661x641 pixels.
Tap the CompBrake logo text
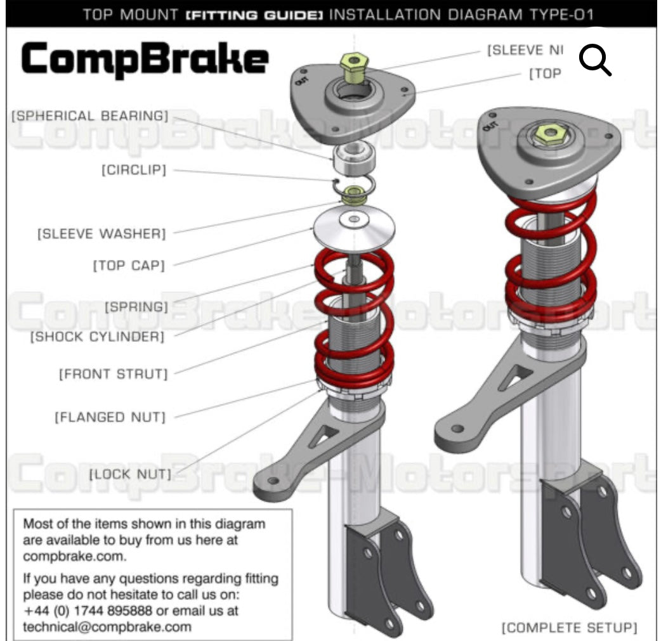click(145, 59)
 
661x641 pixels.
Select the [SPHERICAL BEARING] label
click(89, 116)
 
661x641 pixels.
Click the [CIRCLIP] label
click(133, 171)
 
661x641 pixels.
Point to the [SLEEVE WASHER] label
click(101, 234)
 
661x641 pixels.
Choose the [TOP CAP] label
click(129, 265)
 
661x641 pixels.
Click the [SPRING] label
click(136, 308)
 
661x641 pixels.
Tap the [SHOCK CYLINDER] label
click(97, 337)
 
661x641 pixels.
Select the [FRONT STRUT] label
click(114, 374)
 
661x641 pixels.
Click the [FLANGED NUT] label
click(110, 417)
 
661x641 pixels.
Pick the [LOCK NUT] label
click(130, 474)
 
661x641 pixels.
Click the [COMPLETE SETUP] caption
click(569, 628)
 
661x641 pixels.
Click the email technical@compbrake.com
click(107, 626)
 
